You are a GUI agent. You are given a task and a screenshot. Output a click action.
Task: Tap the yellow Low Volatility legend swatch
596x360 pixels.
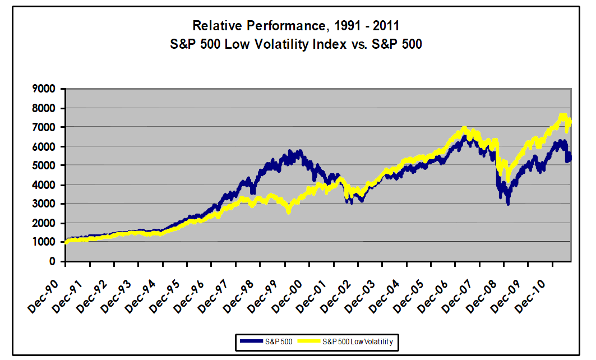[x=307, y=341]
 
